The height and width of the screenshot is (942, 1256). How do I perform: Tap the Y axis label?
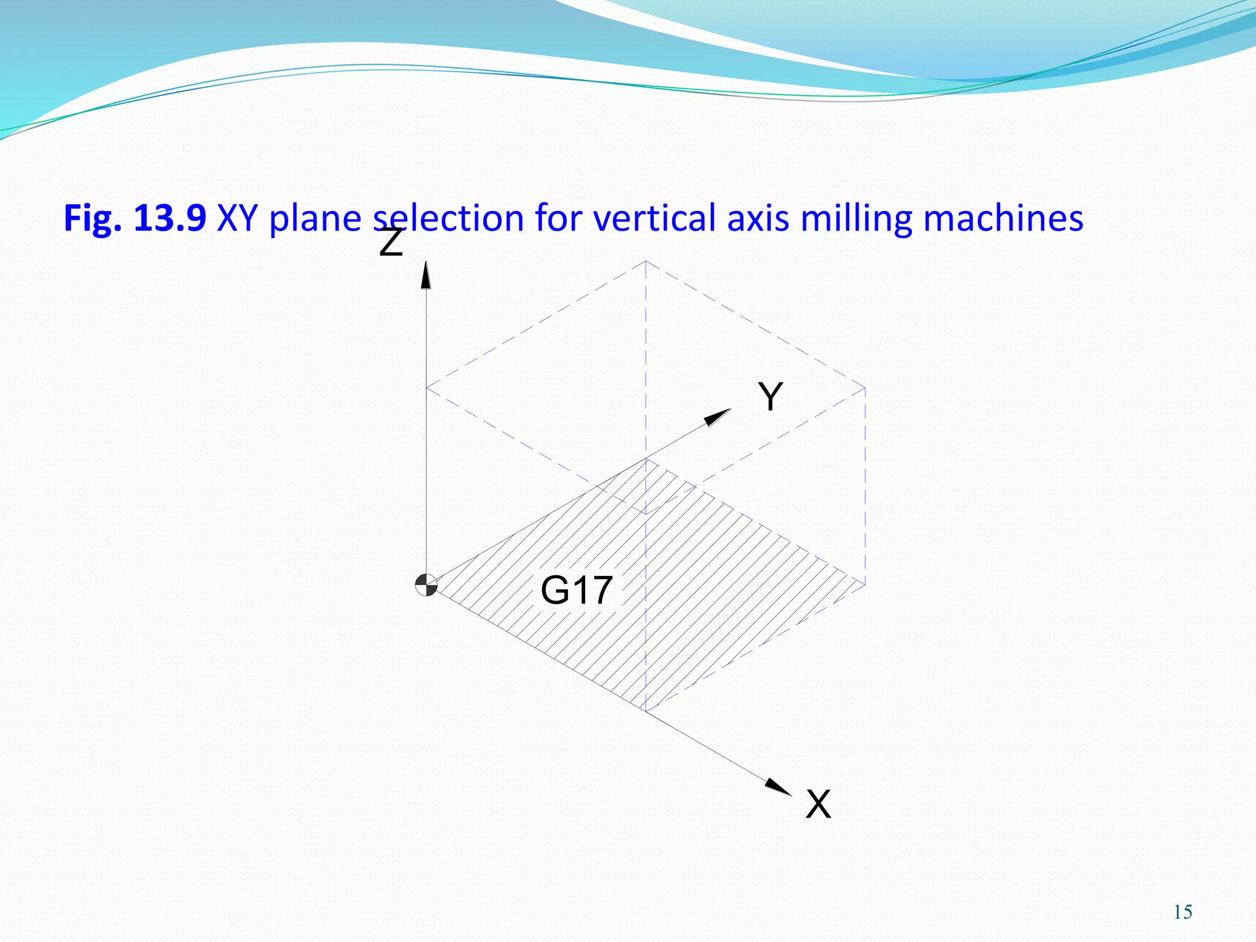pyautogui.click(x=770, y=396)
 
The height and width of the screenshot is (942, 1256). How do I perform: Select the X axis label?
pyautogui.click(x=818, y=803)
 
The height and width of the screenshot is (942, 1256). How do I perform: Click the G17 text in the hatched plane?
pyautogui.click(x=576, y=590)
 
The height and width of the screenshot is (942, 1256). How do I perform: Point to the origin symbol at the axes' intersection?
pyautogui.click(x=426, y=585)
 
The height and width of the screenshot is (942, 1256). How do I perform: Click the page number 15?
pyautogui.click(x=1183, y=912)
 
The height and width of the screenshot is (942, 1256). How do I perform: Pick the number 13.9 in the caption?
pyautogui.click(x=170, y=218)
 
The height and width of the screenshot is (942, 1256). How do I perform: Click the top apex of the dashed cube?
pyautogui.click(x=646, y=261)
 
